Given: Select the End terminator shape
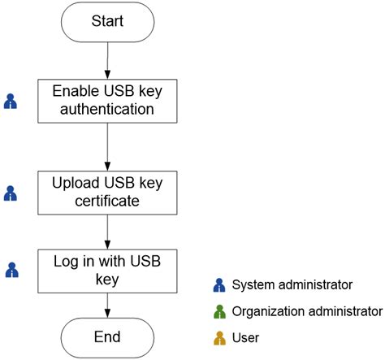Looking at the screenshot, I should pyautogui.click(x=107, y=336).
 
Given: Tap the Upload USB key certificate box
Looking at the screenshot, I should pyautogui.click(x=107, y=192).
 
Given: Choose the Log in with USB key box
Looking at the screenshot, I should pyautogui.click(x=107, y=270).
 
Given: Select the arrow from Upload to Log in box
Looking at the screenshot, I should pyautogui.click(x=107, y=232).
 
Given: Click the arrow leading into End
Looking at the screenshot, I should pyautogui.click(x=107, y=304).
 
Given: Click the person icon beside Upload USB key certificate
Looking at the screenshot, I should pyautogui.click(x=11, y=194).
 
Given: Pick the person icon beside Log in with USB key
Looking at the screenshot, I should pyautogui.click(x=11, y=270).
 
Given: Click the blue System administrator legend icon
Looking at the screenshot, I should pyautogui.click(x=218, y=285).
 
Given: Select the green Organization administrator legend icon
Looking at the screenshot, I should pyautogui.click(x=218, y=311).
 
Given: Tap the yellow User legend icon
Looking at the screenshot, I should pyautogui.click(x=218, y=336).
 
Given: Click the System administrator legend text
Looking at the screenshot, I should pyautogui.click(x=292, y=284).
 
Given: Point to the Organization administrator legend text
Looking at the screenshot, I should pyautogui.click(x=306, y=310).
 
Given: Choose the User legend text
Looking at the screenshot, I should pyautogui.click(x=245, y=336).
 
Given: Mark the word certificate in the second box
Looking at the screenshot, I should pyautogui.click(x=107, y=201).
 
